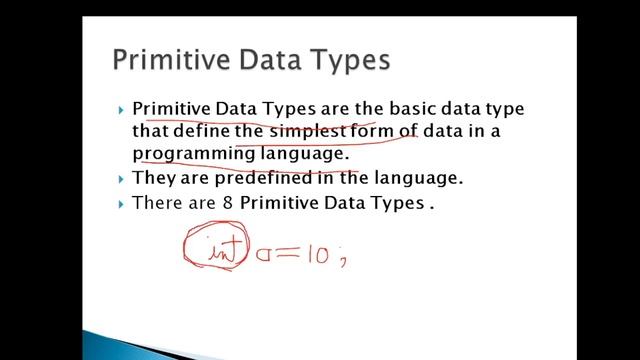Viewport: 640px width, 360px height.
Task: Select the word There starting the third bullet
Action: tap(158, 203)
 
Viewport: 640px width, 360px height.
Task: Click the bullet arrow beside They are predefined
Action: tap(120, 180)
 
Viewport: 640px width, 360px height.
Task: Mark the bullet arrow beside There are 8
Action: tap(120, 204)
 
